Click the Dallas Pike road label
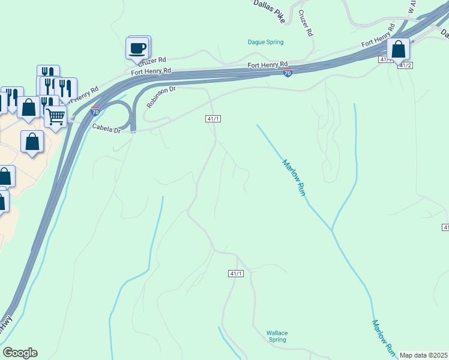(x=269, y=5)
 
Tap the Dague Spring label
(x=265, y=42)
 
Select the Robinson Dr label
(x=161, y=96)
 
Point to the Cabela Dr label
(x=106, y=128)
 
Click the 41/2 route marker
(x=405, y=65)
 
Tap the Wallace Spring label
(x=277, y=336)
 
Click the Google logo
(x=20, y=353)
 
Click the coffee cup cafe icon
(x=137, y=47)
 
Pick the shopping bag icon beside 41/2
(x=399, y=49)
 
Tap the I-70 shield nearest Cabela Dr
(x=95, y=112)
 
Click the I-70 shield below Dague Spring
(x=288, y=73)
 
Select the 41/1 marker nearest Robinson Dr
(x=213, y=119)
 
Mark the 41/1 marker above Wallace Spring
(x=236, y=274)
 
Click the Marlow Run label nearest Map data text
(x=382, y=336)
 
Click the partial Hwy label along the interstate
(x=5, y=324)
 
